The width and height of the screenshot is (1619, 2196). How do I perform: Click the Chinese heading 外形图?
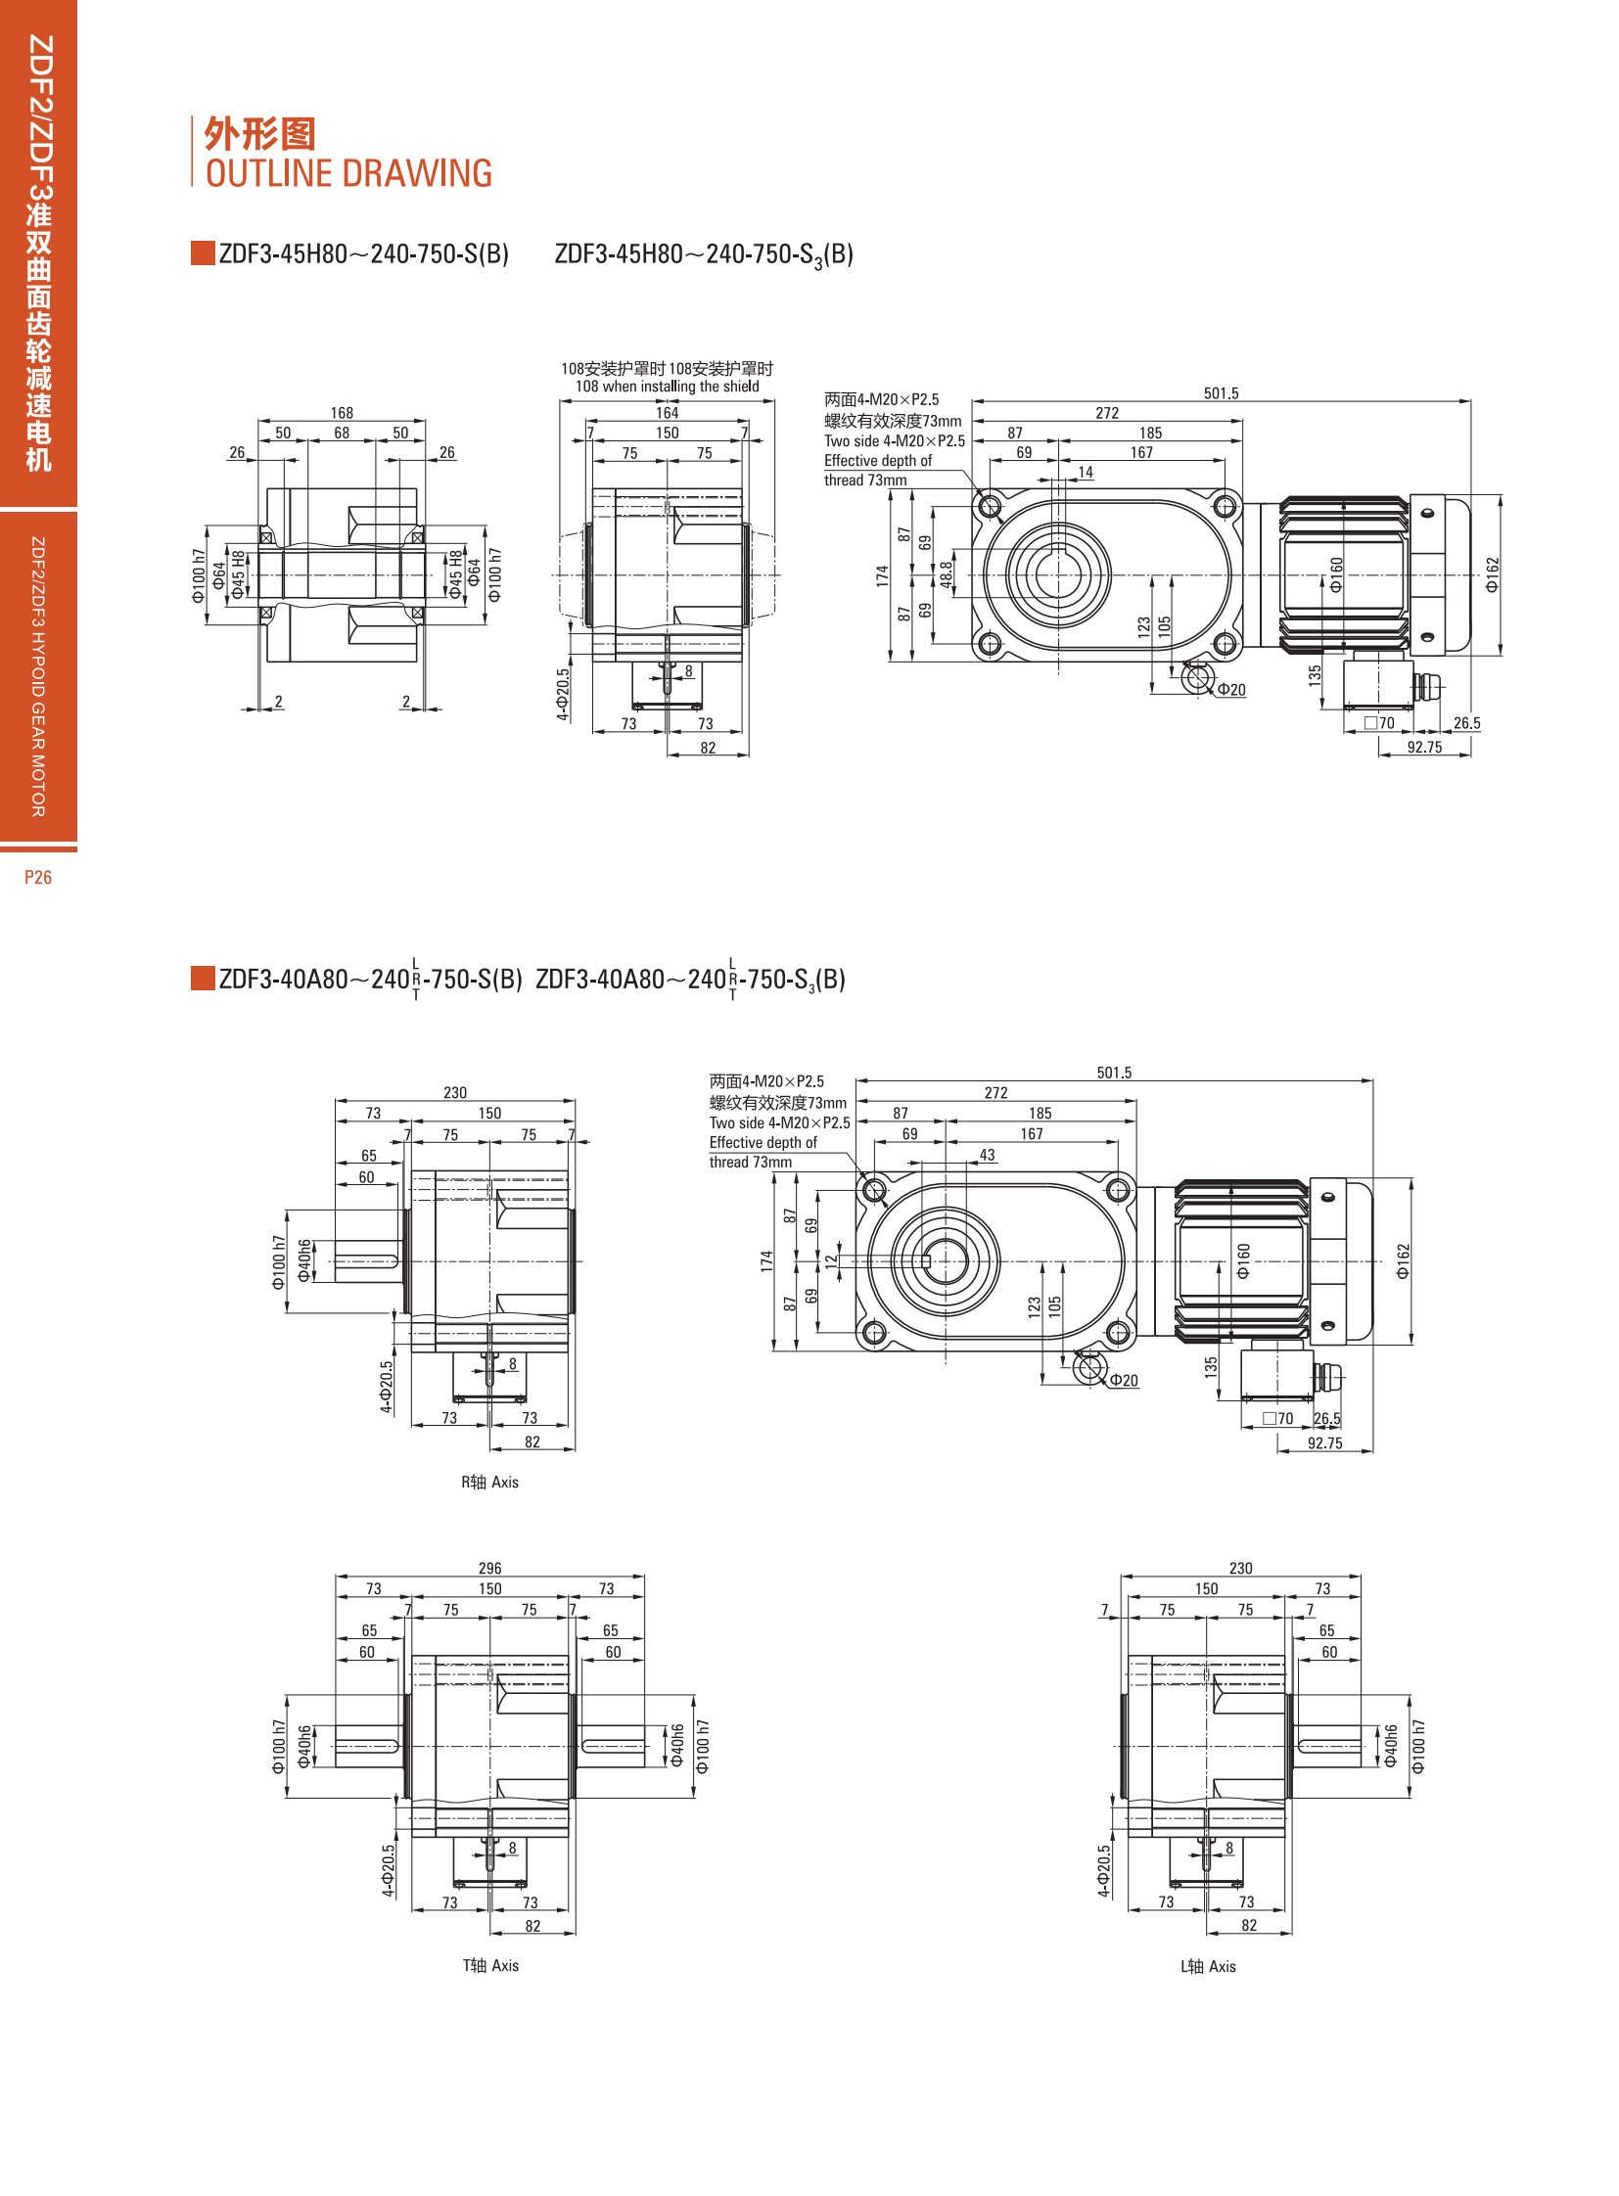259,134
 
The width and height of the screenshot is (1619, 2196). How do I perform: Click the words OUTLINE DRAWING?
348,173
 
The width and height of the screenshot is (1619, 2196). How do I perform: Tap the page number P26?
38,877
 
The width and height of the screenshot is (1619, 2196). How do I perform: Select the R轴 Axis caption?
490,1482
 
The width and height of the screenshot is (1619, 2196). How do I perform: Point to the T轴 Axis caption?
491,1965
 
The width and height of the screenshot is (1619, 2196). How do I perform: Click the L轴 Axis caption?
1208,1966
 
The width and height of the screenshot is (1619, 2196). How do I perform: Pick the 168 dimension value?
342,413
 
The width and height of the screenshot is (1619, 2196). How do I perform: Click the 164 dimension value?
668,413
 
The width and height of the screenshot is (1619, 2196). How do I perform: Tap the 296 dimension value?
490,1568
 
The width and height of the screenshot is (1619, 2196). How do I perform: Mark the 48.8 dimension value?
946,574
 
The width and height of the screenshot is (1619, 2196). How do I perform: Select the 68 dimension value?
342,433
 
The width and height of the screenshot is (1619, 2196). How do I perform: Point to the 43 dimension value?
987,1155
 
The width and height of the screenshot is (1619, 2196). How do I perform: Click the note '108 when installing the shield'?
668,387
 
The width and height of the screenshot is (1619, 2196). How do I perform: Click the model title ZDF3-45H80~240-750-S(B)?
363,253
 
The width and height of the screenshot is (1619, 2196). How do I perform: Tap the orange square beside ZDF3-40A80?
203,978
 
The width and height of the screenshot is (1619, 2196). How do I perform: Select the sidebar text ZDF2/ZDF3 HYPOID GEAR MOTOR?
38,676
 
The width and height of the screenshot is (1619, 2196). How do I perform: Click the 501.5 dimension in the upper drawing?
1222,393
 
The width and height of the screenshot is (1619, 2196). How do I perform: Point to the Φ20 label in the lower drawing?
1123,1380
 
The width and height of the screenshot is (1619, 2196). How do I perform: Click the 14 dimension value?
1086,472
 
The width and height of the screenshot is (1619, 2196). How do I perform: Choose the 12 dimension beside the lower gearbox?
832,1261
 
